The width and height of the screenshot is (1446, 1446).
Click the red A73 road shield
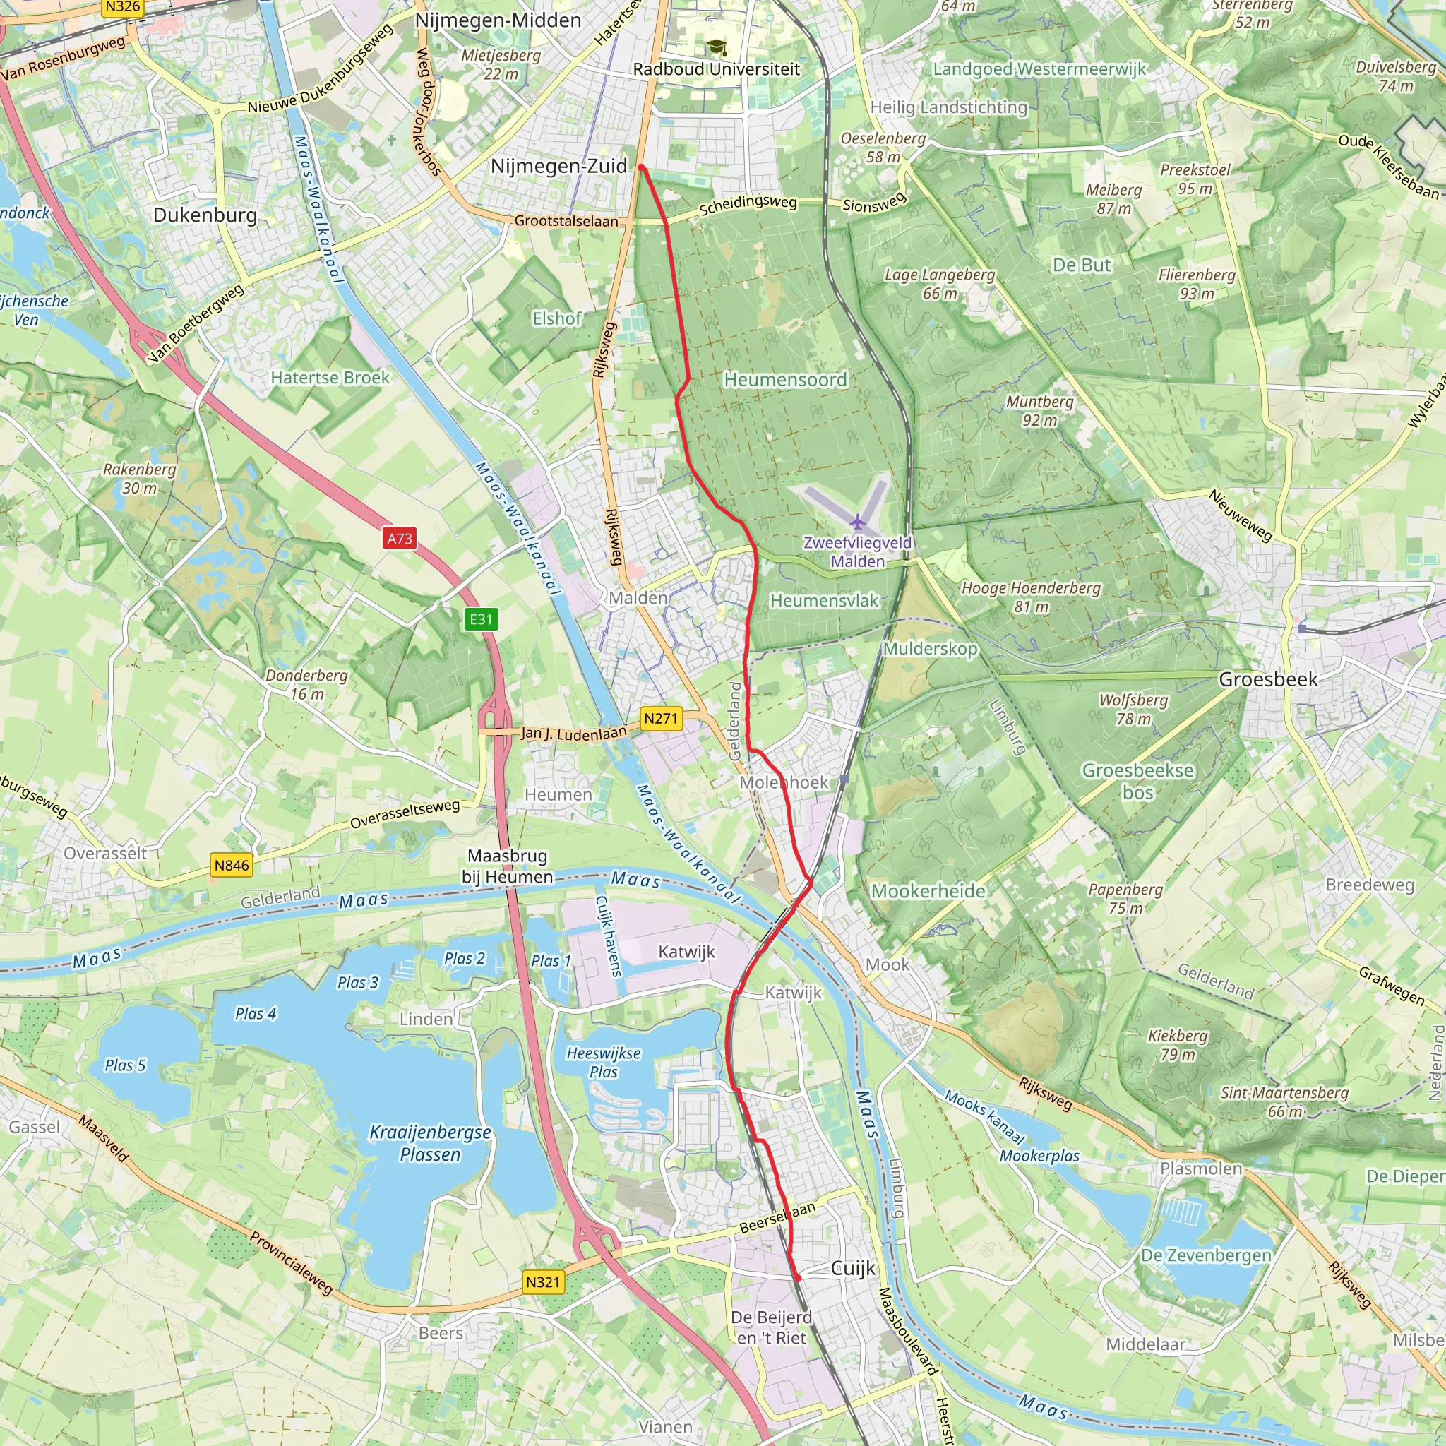(x=399, y=538)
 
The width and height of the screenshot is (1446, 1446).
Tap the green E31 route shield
(x=481, y=619)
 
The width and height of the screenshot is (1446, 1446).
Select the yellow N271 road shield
(x=661, y=719)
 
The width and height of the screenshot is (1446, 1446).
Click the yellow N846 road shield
(x=232, y=865)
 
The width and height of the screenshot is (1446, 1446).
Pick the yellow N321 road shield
(x=543, y=1282)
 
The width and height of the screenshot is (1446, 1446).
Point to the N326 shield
(x=123, y=8)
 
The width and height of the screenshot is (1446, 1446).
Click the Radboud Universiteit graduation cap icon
(x=717, y=48)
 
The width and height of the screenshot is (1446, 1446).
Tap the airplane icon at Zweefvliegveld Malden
(x=858, y=522)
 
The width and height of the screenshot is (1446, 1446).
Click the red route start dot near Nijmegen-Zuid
(x=641, y=167)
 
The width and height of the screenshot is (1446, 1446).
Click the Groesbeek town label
(x=1268, y=680)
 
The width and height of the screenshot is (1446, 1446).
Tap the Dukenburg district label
(x=204, y=215)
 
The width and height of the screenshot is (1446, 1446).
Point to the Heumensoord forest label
(x=785, y=381)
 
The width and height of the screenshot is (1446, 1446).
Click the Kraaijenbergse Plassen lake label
(x=431, y=1143)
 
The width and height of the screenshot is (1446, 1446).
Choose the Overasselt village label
(x=104, y=853)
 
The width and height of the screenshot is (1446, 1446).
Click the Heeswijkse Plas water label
(x=603, y=1062)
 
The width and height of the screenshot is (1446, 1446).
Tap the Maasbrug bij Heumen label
(x=507, y=866)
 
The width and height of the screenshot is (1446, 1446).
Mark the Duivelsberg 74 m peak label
(x=1396, y=76)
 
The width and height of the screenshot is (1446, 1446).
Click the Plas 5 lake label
(x=125, y=1065)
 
